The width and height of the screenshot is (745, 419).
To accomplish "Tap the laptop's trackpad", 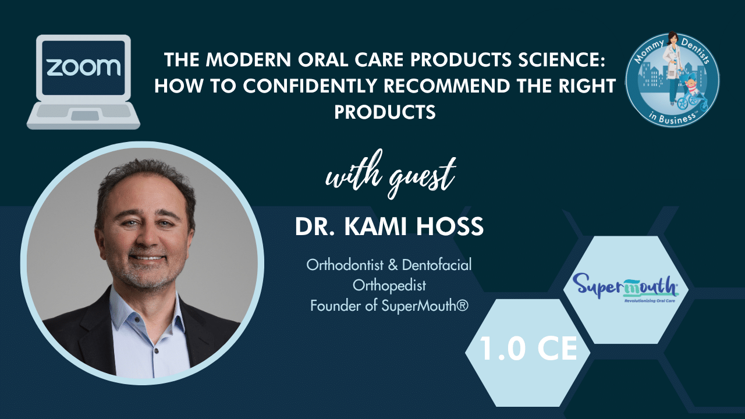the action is click(x=85, y=115).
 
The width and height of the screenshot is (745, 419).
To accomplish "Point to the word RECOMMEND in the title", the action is click(x=446, y=86).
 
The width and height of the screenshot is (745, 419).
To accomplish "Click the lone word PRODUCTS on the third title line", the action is click(x=385, y=112).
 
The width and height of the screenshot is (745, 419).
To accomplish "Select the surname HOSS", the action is click(x=450, y=226).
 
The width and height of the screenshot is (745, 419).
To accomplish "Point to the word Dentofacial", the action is click(x=437, y=265).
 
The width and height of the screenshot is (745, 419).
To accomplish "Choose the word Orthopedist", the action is click(x=389, y=285).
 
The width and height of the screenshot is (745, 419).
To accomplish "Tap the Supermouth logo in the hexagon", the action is click(x=626, y=287).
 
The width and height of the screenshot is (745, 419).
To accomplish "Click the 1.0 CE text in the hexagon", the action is click(x=528, y=349).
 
